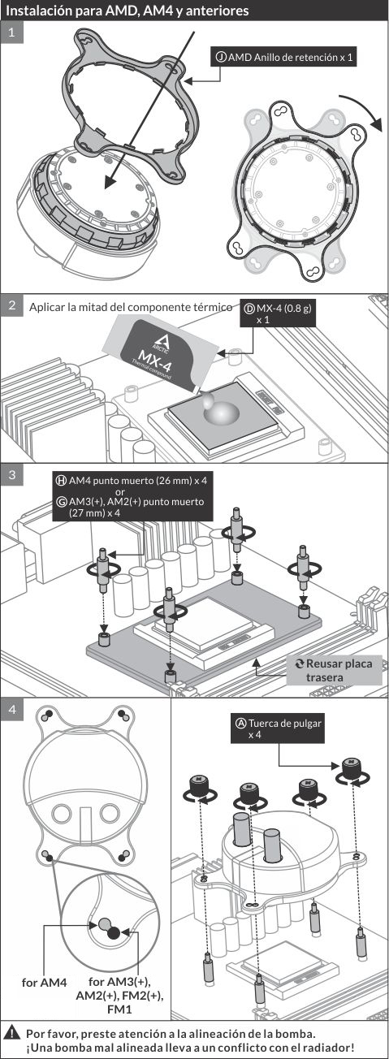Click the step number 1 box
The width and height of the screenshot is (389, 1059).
pyautogui.click(x=12, y=32)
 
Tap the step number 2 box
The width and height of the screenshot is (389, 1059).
pyautogui.click(x=12, y=305)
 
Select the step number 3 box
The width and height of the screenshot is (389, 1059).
pyautogui.click(x=12, y=475)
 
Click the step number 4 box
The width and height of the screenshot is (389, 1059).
pyautogui.click(x=12, y=710)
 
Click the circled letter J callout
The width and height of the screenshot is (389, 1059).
pyautogui.click(x=221, y=57)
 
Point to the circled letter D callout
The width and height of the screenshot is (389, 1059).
pyautogui.click(x=249, y=309)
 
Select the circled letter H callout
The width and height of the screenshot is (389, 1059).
pyautogui.click(x=62, y=481)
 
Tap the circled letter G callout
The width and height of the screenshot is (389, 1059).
pyautogui.click(x=62, y=502)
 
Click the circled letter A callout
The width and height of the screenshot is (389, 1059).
pyautogui.click(x=240, y=723)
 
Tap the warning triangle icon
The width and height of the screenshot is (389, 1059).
pyautogui.click(x=14, y=1033)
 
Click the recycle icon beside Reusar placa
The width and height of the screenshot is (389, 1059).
pyautogui.click(x=299, y=663)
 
